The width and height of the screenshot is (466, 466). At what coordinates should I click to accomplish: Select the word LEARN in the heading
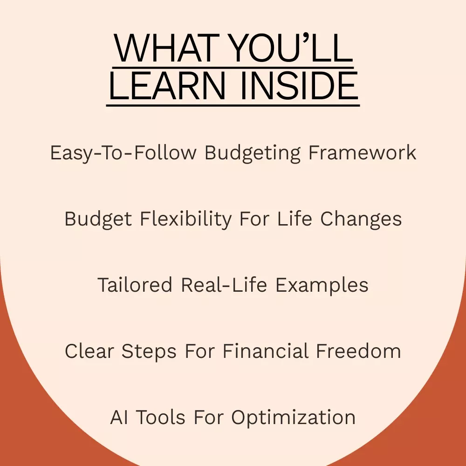[167, 86]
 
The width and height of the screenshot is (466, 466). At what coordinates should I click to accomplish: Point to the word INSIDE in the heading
[299, 86]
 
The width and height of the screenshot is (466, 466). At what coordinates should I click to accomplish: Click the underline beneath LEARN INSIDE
[233, 105]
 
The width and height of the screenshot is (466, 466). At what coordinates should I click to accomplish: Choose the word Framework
[362, 152]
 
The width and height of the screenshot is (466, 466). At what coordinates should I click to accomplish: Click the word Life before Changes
[295, 219]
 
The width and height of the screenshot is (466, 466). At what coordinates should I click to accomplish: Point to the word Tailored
[135, 285]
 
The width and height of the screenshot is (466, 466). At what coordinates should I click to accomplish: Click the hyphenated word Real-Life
[224, 285]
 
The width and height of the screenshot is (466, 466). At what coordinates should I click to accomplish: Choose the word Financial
[266, 351]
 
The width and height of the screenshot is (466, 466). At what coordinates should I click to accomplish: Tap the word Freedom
[358, 351]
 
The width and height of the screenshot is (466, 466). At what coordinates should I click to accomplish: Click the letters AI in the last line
[119, 417]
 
